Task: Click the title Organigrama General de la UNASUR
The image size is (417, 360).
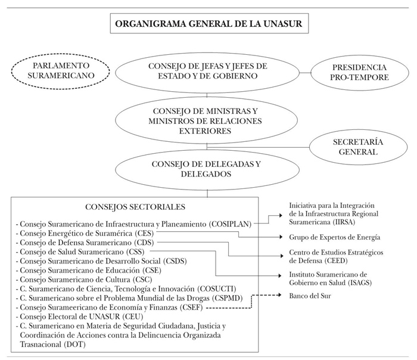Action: click(x=208, y=25)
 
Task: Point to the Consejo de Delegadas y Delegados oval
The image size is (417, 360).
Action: click(x=207, y=169)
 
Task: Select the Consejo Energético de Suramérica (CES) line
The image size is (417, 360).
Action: click(x=89, y=232)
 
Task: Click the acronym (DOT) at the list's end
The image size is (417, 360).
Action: click(x=68, y=344)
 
